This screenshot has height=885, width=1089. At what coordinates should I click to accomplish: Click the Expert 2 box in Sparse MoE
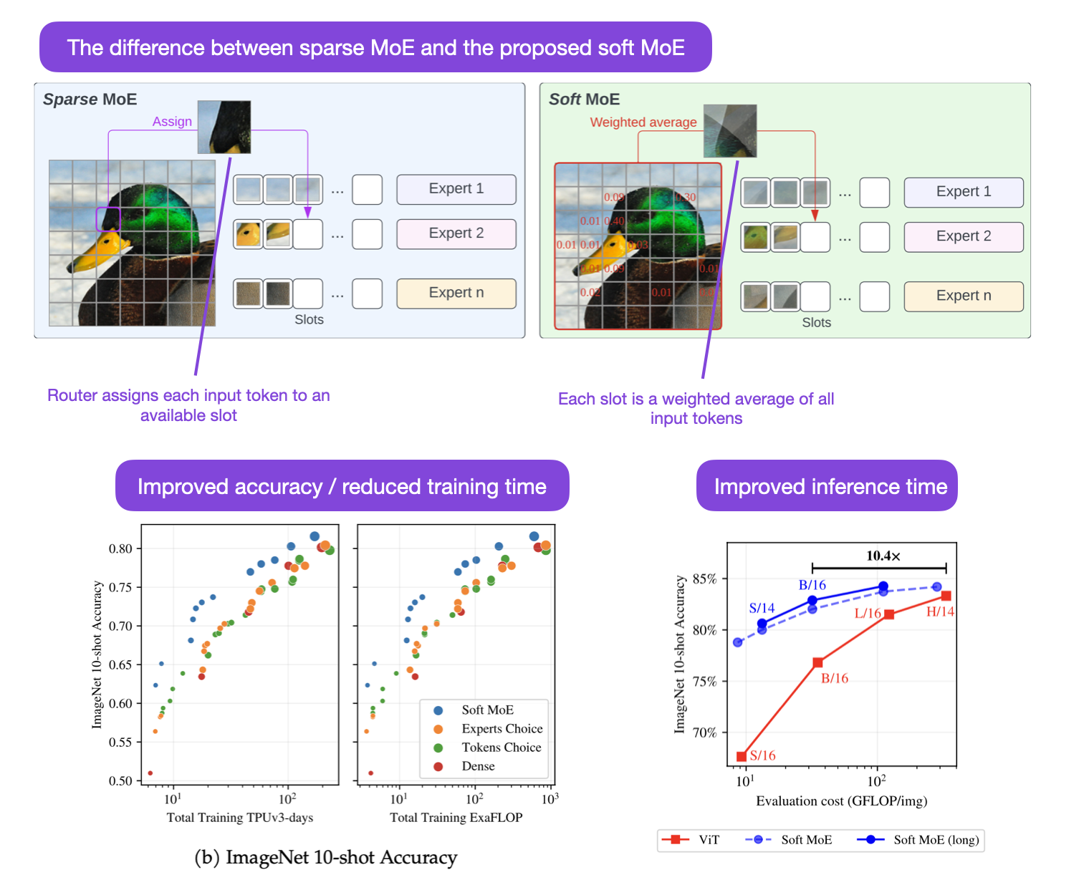coord(456,233)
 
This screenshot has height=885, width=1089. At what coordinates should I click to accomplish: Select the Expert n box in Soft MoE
coord(963,296)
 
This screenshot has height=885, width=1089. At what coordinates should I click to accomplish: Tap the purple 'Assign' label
coord(172,122)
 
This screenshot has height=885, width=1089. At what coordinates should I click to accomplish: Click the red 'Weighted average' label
coord(643,122)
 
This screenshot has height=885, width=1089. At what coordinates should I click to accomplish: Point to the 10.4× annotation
coord(883,556)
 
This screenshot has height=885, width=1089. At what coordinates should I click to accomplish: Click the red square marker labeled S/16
coord(742,756)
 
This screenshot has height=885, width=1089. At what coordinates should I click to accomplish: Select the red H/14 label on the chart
coord(940,611)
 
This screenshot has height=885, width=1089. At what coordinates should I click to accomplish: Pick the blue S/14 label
coord(762,608)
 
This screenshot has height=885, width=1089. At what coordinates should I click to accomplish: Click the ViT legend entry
coord(692,840)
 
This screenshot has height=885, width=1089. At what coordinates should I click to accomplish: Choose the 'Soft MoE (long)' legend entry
coord(921,840)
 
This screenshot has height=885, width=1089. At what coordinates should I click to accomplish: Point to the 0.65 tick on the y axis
coord(120,664)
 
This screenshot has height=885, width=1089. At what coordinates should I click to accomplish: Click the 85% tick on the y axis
coord(704,579)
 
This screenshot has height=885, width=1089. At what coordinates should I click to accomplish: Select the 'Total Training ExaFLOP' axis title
coord(456,818)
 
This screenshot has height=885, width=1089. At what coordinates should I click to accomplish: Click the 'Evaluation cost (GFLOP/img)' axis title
coord(841,801)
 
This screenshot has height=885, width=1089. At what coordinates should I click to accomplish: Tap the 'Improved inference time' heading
coord(830,487)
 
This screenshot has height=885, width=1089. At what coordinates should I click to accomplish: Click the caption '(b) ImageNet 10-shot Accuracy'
coord(326,858)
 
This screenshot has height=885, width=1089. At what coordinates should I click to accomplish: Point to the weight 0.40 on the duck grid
coord(615,221)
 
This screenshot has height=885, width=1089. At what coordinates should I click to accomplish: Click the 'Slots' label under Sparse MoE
coord(309,320)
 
